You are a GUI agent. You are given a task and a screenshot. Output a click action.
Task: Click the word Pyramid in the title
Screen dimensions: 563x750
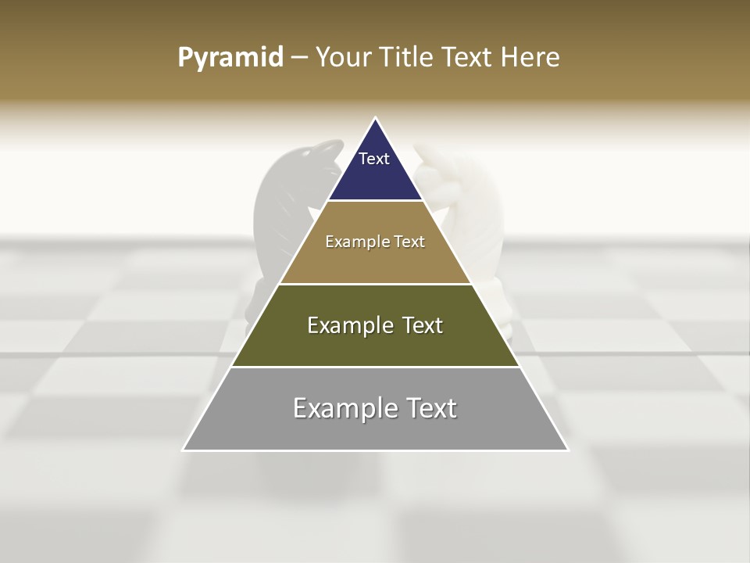pos(230,58)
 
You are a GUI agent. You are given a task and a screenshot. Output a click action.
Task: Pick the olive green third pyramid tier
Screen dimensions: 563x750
pos(375,344)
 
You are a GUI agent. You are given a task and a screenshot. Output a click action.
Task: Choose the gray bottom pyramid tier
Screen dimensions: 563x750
pos(375,429)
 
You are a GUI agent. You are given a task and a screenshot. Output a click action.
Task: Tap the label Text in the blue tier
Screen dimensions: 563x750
pos(374,159)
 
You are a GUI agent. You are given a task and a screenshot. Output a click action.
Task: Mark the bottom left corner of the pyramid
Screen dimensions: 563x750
pos(184,450)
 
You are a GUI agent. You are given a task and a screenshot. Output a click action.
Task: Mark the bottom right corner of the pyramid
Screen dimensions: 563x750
pos(568,450)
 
